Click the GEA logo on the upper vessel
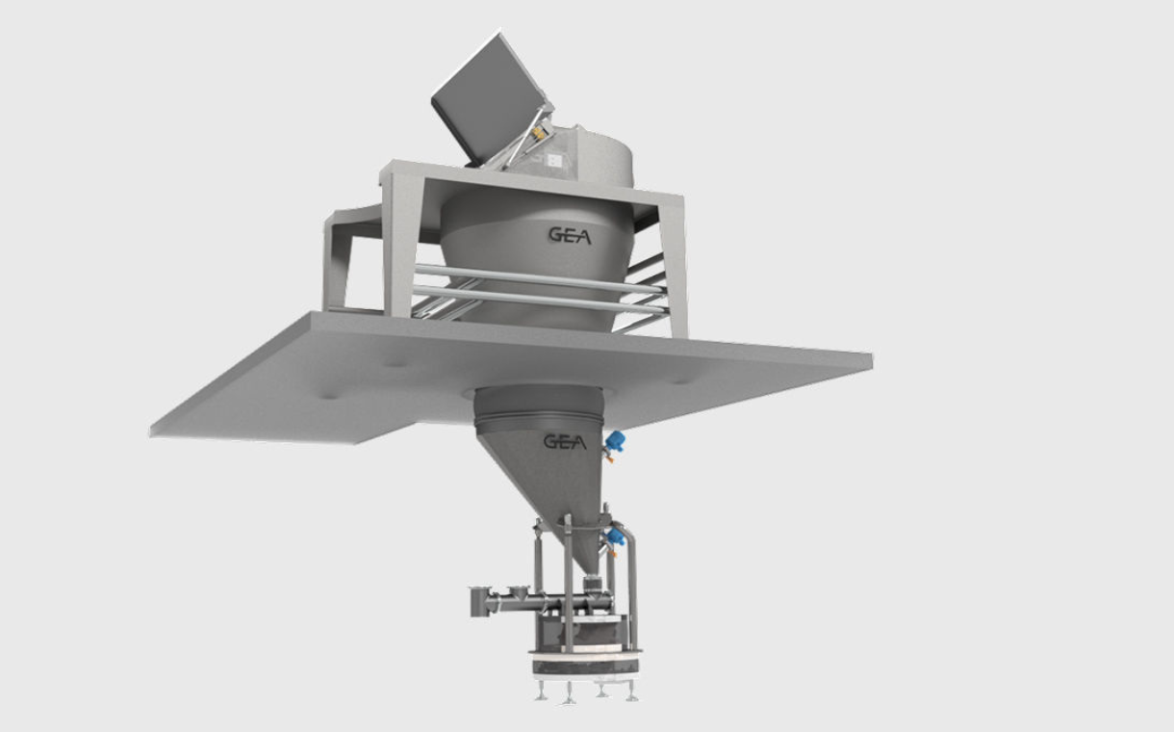(570, 236)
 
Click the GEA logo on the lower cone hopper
(565, 442)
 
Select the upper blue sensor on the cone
(614, 441)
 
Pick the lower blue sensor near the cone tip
(615, 536)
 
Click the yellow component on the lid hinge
(537, 133)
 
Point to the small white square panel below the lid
(553, 160)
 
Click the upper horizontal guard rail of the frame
(540, 277)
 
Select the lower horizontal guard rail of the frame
(540, 300)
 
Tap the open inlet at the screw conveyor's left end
(478, 601)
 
